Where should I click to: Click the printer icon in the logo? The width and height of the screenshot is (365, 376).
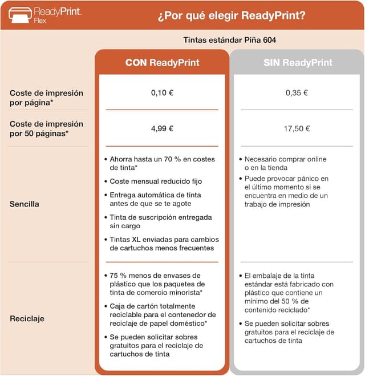(19, 14)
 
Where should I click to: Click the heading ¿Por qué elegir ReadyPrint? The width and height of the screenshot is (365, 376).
(231, 15)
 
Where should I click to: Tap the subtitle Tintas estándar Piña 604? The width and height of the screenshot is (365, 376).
(230, 40)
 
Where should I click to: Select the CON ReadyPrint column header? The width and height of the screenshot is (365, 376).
(162, 63)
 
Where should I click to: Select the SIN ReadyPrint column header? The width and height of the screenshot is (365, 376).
(297, 63)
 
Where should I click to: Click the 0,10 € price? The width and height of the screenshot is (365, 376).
(162, 92)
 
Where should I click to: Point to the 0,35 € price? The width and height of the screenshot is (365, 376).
(297, 92)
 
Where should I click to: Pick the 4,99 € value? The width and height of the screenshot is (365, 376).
(162, 128)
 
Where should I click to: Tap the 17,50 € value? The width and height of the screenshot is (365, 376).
(297, 128)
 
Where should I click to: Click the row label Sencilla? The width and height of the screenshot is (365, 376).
(24, 204)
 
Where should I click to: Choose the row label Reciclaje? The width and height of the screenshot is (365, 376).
(27, 318)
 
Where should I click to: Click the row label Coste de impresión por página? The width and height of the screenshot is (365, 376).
(46, 97)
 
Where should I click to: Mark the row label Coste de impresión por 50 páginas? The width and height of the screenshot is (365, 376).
(46, 128)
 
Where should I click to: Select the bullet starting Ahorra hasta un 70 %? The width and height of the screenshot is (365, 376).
(160, 163)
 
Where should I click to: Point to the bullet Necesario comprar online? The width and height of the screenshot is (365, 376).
(285, 163)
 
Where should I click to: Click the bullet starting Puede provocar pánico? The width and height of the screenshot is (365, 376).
(286, 191)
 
